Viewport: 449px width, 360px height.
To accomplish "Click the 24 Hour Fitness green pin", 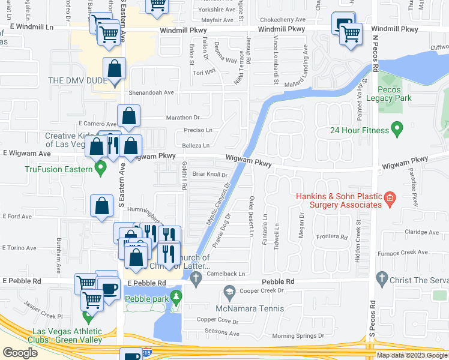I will coord(396,128).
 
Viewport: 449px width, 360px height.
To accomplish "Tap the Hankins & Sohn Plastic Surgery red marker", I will coord(389,197).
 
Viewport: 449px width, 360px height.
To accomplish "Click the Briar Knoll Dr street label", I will coord(210,174).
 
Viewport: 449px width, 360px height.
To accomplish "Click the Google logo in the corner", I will coord(20,352).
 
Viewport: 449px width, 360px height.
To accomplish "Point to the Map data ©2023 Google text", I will coord(411,355).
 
